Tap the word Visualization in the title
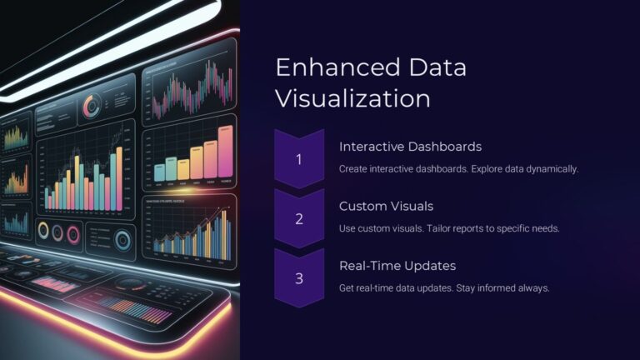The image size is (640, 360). click(352, 98)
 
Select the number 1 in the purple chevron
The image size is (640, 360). click(299, 158)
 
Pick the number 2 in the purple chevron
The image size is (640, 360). click(299, 218)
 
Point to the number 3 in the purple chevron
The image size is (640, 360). click(299, 278)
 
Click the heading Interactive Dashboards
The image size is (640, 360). click(410, 147)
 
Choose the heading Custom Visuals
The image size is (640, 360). click(386, 206)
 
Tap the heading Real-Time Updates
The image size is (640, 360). click(398, 266)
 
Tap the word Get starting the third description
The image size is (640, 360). click(347, 287)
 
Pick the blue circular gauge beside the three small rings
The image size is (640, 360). click(123, 240)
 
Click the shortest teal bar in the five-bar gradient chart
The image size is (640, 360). click(159, 171)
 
